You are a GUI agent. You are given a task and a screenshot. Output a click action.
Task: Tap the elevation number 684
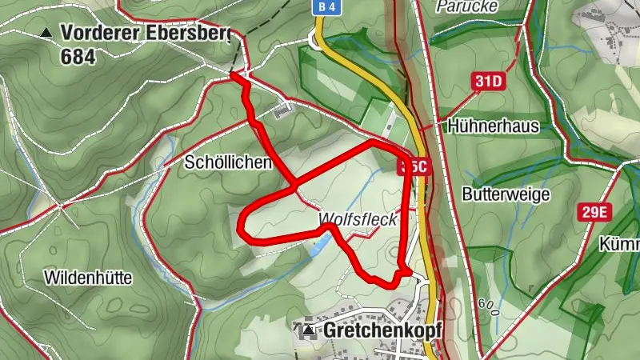(x=78, y=56)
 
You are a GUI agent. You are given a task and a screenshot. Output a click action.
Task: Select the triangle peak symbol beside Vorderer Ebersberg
(x=46, y=33)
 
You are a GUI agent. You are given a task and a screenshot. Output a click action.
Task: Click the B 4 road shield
(x=322, y=7)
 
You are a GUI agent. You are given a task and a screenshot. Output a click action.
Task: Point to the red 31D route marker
(x=488, y=81)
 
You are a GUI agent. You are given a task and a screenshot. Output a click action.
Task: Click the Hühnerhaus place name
(x=494, y=126)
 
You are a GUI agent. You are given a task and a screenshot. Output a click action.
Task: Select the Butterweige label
(x=505, y=194)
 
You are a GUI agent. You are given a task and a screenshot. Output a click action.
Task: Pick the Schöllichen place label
(x=228, y=162)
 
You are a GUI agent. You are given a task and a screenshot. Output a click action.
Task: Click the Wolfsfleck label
(x=358, y=219)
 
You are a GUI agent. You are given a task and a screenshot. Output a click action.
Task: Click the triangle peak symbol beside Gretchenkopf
(x=308, y=330)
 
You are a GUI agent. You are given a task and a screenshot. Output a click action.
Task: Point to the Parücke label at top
(x=468, y=6)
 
